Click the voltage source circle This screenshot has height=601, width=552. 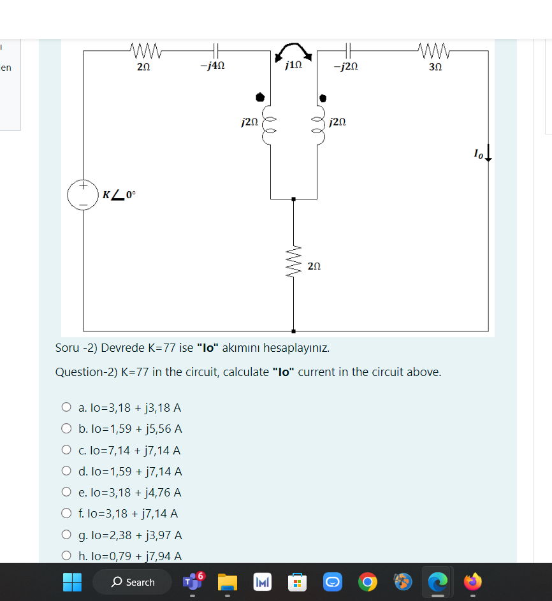83,194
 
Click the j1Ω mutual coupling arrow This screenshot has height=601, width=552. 294,50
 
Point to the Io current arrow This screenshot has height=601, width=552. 488,153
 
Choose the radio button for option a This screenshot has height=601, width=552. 66,407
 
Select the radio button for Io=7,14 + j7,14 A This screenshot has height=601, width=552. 66,450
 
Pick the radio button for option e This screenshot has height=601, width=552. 66,492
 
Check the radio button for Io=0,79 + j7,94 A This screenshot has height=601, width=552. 66,556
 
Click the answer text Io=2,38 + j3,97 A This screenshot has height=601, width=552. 131,535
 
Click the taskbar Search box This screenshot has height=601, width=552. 133,582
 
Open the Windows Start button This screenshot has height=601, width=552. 72,582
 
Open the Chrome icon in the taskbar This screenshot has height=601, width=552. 367,582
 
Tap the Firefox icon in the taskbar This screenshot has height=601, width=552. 472,582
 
